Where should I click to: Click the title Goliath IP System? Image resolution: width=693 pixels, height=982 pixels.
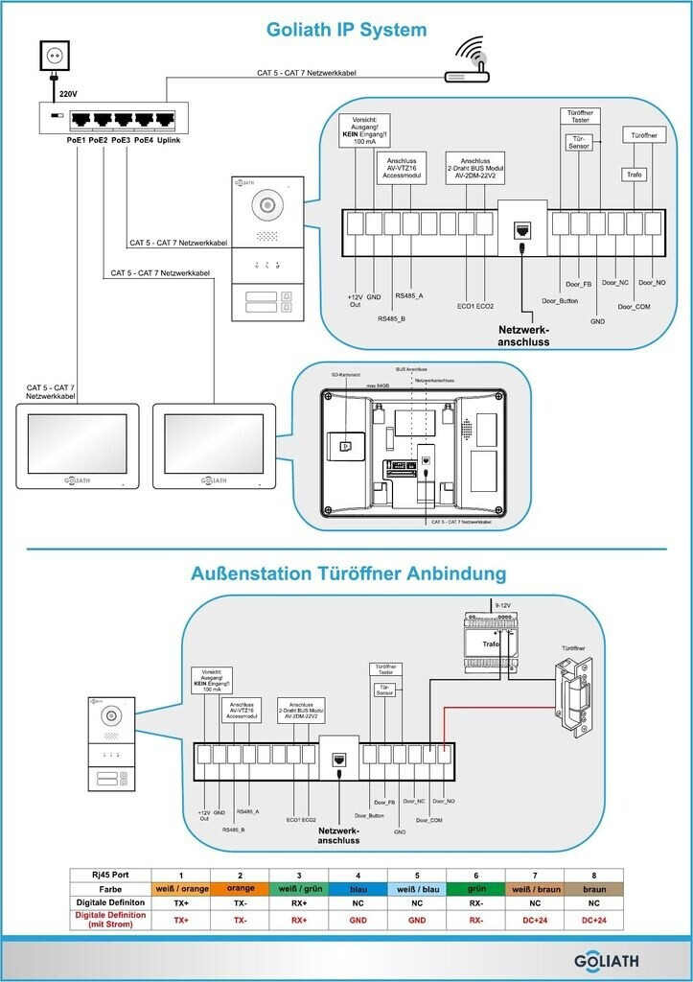(x=346, y=30)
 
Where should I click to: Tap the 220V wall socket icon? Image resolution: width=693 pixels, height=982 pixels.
(x=55, y=58)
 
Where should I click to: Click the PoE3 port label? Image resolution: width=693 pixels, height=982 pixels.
(x=120, y=140)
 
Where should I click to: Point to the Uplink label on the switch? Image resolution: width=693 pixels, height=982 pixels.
(x=169, y=140)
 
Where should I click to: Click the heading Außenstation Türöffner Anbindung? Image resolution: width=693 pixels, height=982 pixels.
(x=348, y=573)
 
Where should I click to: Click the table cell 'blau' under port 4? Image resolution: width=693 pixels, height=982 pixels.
(x=358, y=888)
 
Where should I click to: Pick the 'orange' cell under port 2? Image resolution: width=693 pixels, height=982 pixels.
(x=240, y=888)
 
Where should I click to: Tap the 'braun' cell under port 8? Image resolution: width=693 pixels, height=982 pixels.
(x=593, y=888)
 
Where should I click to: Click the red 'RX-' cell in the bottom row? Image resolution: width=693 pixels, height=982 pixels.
(x=475, y=919)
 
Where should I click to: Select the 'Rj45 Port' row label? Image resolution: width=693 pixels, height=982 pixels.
(x=110, y=874)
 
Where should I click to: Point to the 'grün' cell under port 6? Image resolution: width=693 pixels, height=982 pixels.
(x=475, y=888)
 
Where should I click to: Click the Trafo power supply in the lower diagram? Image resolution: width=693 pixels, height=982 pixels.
(x=494, y=643)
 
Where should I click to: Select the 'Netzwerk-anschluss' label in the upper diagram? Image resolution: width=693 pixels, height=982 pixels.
(x=524, y=335)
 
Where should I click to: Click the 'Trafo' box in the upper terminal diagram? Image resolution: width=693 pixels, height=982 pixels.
(x=634, y=175)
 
